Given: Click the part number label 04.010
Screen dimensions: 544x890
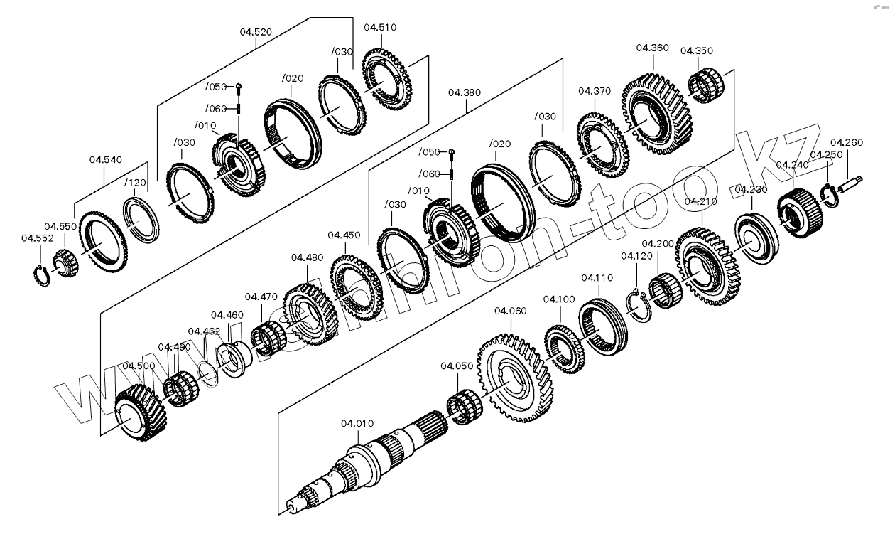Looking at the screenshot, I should (357, 424).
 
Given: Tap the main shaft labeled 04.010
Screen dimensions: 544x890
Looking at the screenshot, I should (362, 462).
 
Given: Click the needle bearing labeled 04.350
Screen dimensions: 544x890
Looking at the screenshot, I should (707, 85).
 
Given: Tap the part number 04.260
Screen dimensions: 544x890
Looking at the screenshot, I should (846, 142).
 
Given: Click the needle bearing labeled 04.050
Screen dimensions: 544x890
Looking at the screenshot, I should (465, 408).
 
